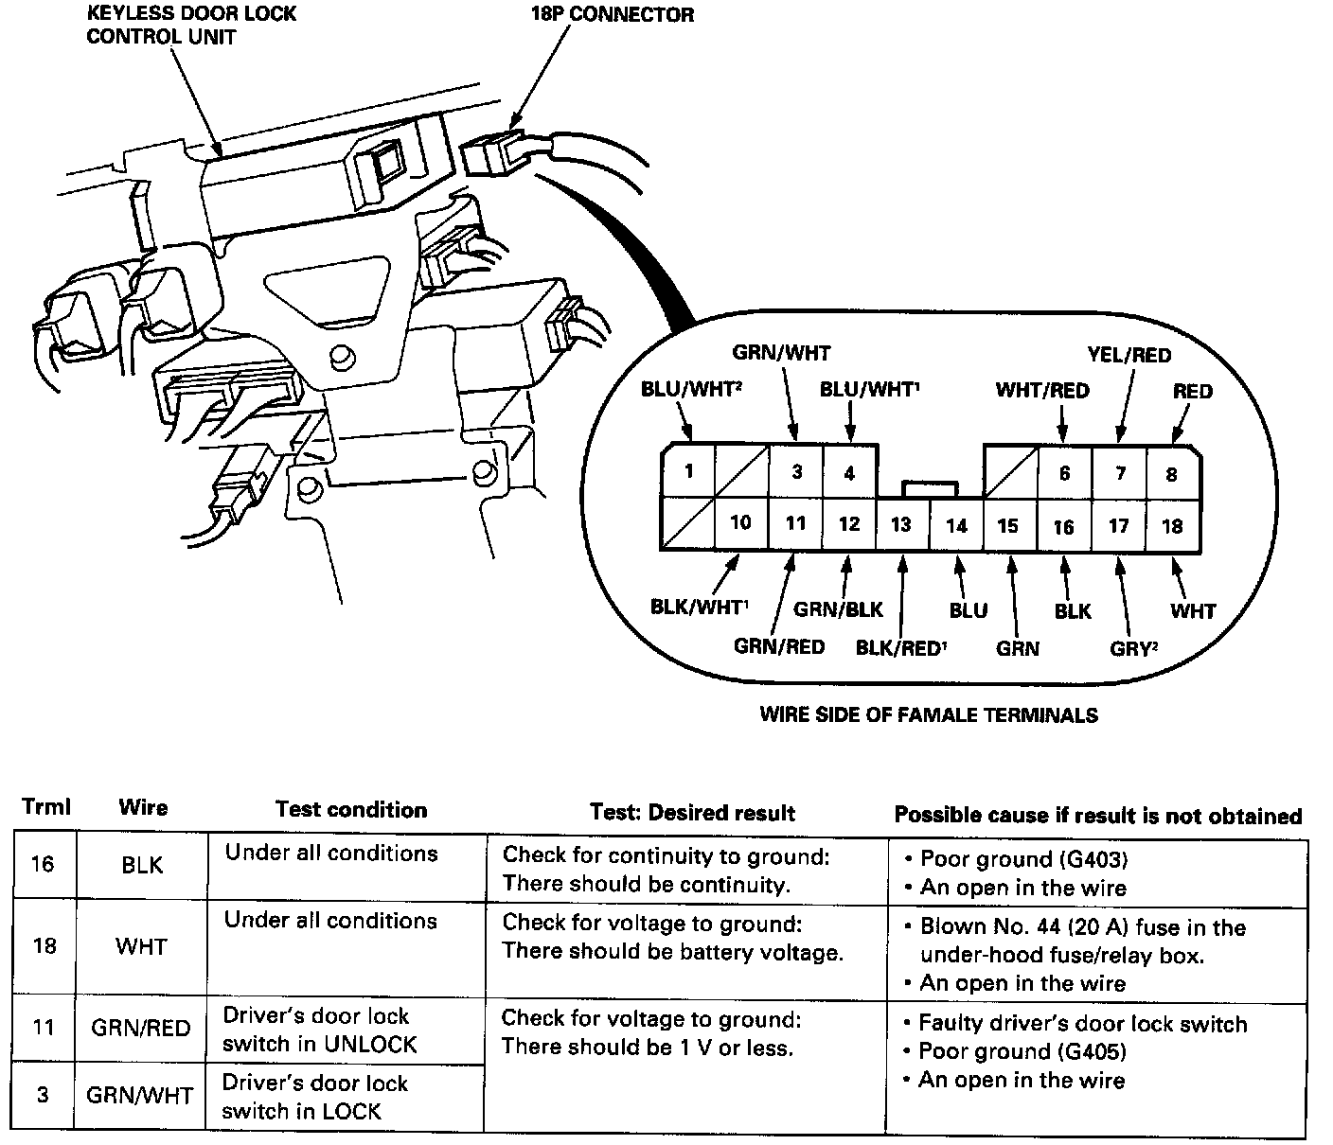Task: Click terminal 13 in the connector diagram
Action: [x=901, y=524]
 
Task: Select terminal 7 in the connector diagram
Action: [x=1120, y=472]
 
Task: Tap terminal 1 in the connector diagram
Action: [x=689, y=470]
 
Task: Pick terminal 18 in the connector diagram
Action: [x=1172, y=525]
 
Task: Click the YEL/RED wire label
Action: [x=1129, y=355]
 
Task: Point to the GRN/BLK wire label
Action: [x=838, y=609]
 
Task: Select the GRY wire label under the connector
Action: [x=1133, y=648]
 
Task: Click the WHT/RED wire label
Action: [x=1041, y=390]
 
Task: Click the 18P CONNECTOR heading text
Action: [x=613, y=15]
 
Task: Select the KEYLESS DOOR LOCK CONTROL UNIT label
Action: [x=191, y=26]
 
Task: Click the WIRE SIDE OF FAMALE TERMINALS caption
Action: [x=928, y=715]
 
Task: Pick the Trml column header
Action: [x=46, y=808]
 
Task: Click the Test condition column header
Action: [x=351, y=809]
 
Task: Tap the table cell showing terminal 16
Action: [x=44, y=864]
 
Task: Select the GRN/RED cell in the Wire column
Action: [x=141, y=1028]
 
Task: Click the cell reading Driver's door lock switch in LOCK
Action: [x=315, y=1097]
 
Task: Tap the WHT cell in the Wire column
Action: [x=141, y=945]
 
